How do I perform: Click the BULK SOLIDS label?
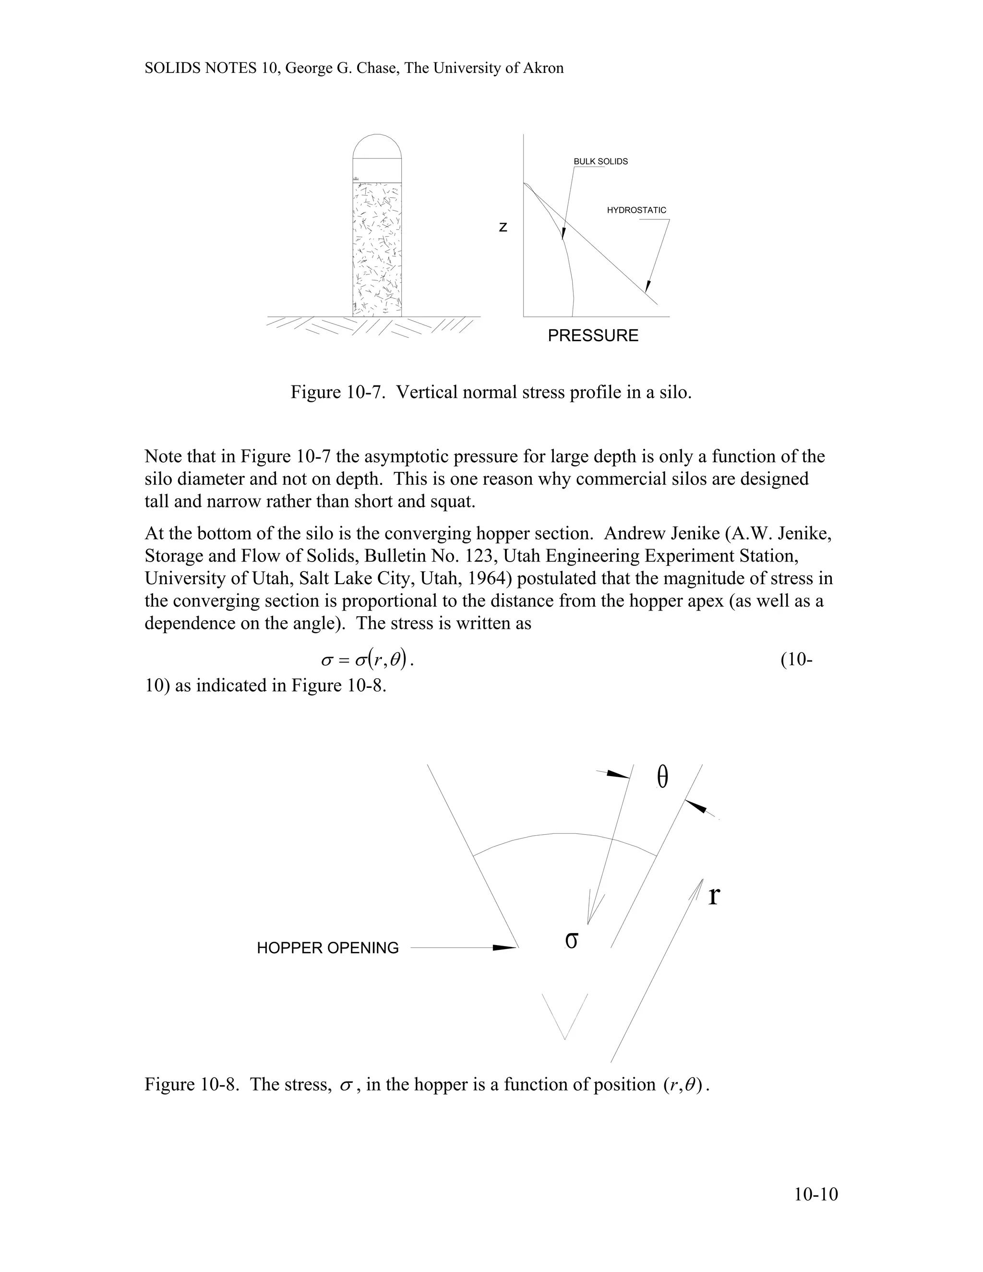600,161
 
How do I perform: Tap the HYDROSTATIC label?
636,210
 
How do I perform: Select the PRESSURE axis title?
593,336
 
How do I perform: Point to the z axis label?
503,228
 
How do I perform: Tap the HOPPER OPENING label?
327,948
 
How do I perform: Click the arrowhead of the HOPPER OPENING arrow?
505,948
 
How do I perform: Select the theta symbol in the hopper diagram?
662,777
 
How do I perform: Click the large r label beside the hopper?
714,895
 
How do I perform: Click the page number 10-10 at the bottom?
815,1195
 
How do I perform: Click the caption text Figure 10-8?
191,1084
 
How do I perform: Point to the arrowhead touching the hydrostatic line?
647,286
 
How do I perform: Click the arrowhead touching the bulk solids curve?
563,233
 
